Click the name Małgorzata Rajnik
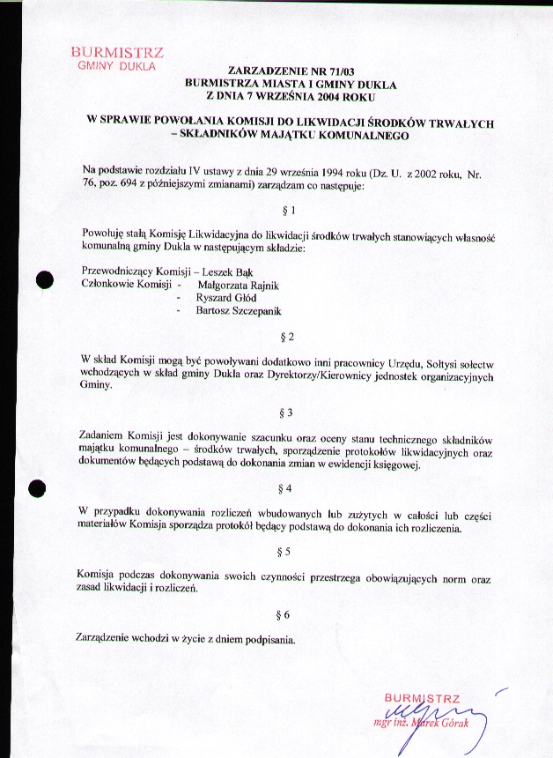pyautogui.click(x=239, y=286)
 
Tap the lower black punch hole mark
pyautogui.click(x=37, y=487)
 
